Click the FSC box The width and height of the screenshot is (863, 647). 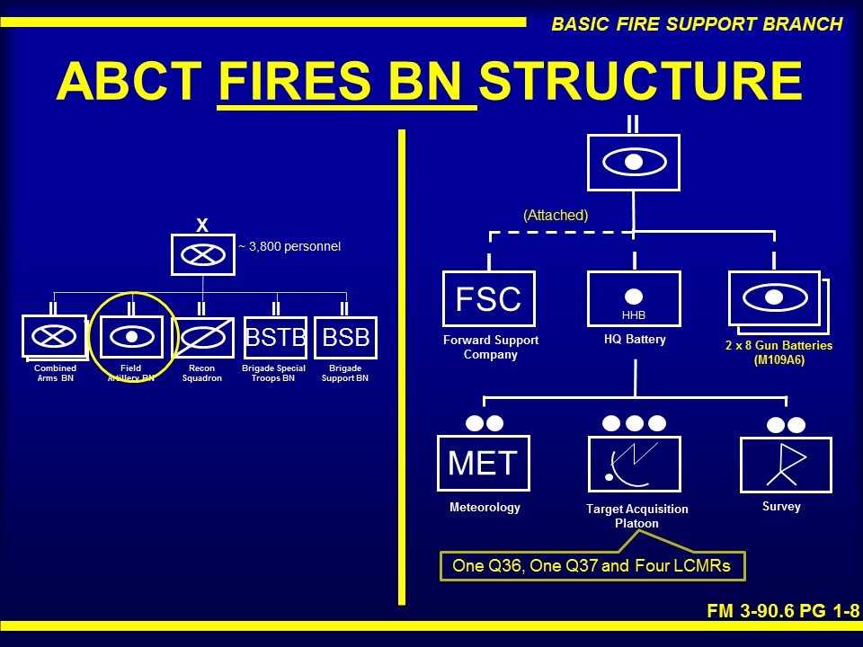click(489, 298)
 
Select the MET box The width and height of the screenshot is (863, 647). click(483, 464)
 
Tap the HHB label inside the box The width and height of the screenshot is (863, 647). click(634, 315)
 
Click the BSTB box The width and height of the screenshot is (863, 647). click(275, 338)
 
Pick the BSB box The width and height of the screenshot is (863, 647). click(346, 338)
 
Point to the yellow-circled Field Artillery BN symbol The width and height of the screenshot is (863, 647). click(131, 337)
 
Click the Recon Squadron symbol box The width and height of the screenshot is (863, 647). click(202, 338)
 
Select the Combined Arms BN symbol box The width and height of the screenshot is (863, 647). click(54, 338)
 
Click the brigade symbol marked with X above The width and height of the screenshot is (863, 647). click(202, 254)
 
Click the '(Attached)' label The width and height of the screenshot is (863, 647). click(556, 216)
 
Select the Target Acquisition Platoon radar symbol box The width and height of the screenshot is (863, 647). click(634, 464)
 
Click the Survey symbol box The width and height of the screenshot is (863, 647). click(786, 464)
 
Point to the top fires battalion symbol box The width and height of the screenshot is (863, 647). click(634, 162)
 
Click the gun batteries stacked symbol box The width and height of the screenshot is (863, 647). click(776, 299)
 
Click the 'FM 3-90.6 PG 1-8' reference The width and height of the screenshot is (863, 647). click(782, 611)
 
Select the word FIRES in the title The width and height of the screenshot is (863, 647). click(347, 83)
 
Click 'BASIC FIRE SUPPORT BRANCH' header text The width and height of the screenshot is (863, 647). click(697, 24)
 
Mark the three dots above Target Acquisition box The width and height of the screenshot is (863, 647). click(634, 422)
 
